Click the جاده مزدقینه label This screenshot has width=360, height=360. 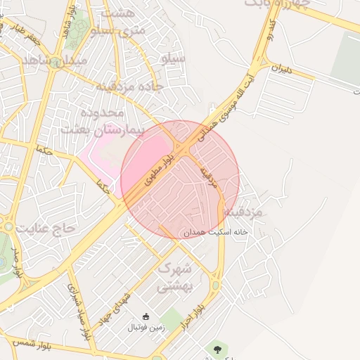pyautogui.click(x=129, y=86)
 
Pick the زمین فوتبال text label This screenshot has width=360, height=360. pyautogui.click(x=145, y=328)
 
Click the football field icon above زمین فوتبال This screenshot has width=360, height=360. pyautogui.click(x=146, y=316)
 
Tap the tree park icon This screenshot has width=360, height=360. pyautogui.click(x=217, y=348)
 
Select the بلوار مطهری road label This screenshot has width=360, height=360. pyautogui.click(x=158, y=171)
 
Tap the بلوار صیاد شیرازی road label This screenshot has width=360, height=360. pyautogui.click(x=79, y=309)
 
